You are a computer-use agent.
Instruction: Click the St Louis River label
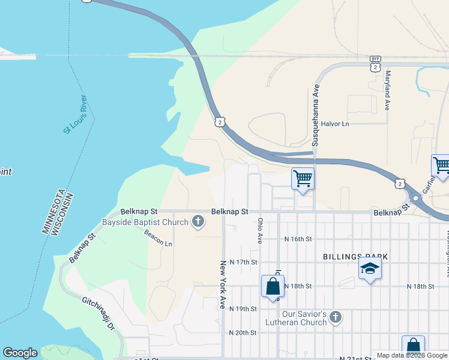coord(76,114)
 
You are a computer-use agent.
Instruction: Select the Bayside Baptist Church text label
coord(145,223)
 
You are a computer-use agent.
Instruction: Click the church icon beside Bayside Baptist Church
coord(197,223)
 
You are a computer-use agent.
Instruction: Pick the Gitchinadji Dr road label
coord(98,313)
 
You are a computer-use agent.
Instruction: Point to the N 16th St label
coord(298,239)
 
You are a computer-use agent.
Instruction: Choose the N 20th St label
coord(243,332)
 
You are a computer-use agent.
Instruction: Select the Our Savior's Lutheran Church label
coord(305,318)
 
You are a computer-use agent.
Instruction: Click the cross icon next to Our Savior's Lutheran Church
coord(336,316)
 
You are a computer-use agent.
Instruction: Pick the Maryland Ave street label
coord(388,91)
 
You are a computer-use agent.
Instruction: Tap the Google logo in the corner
coord(20,353)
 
